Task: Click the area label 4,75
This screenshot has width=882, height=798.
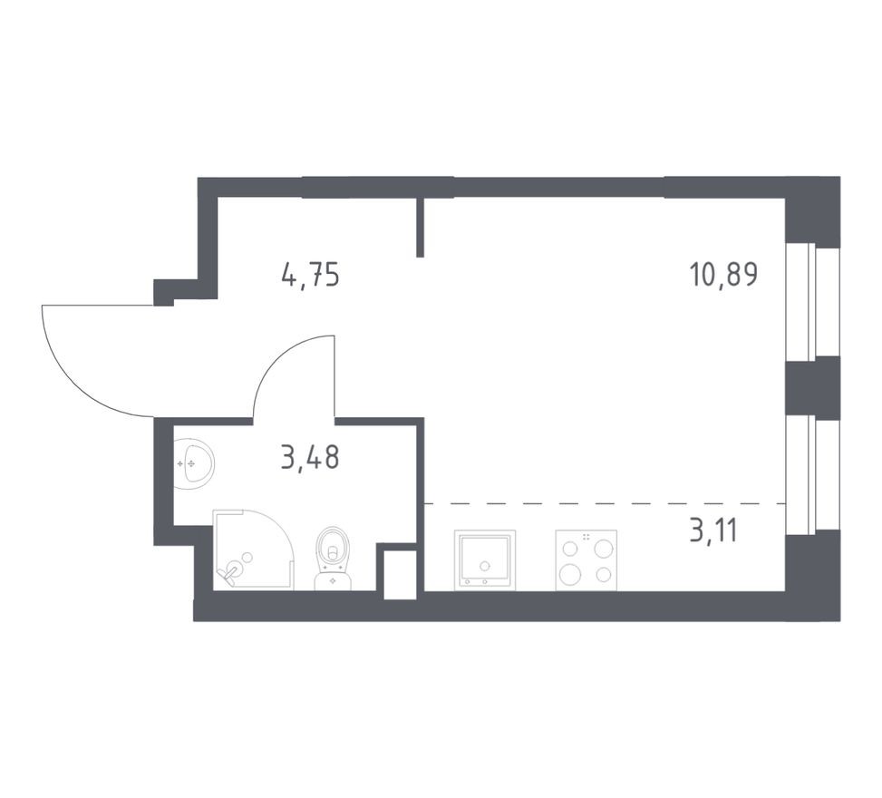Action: pos(310,274)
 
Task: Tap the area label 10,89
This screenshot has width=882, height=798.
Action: pos(722,274)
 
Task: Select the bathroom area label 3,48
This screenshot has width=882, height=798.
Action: pos(310,458)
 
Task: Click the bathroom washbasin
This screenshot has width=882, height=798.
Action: pos(193,463)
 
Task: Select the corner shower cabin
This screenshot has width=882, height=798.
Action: pos(252,550)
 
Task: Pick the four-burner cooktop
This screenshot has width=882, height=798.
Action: pos(586,560)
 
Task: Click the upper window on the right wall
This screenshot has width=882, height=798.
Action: pos(810,301)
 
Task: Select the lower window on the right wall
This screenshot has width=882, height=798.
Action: pos(810,473)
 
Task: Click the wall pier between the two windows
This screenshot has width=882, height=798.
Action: pos(810,388)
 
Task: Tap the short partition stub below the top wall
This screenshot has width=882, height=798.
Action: pos(421,227)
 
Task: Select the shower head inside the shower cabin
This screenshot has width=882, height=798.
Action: pos(232,571)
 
